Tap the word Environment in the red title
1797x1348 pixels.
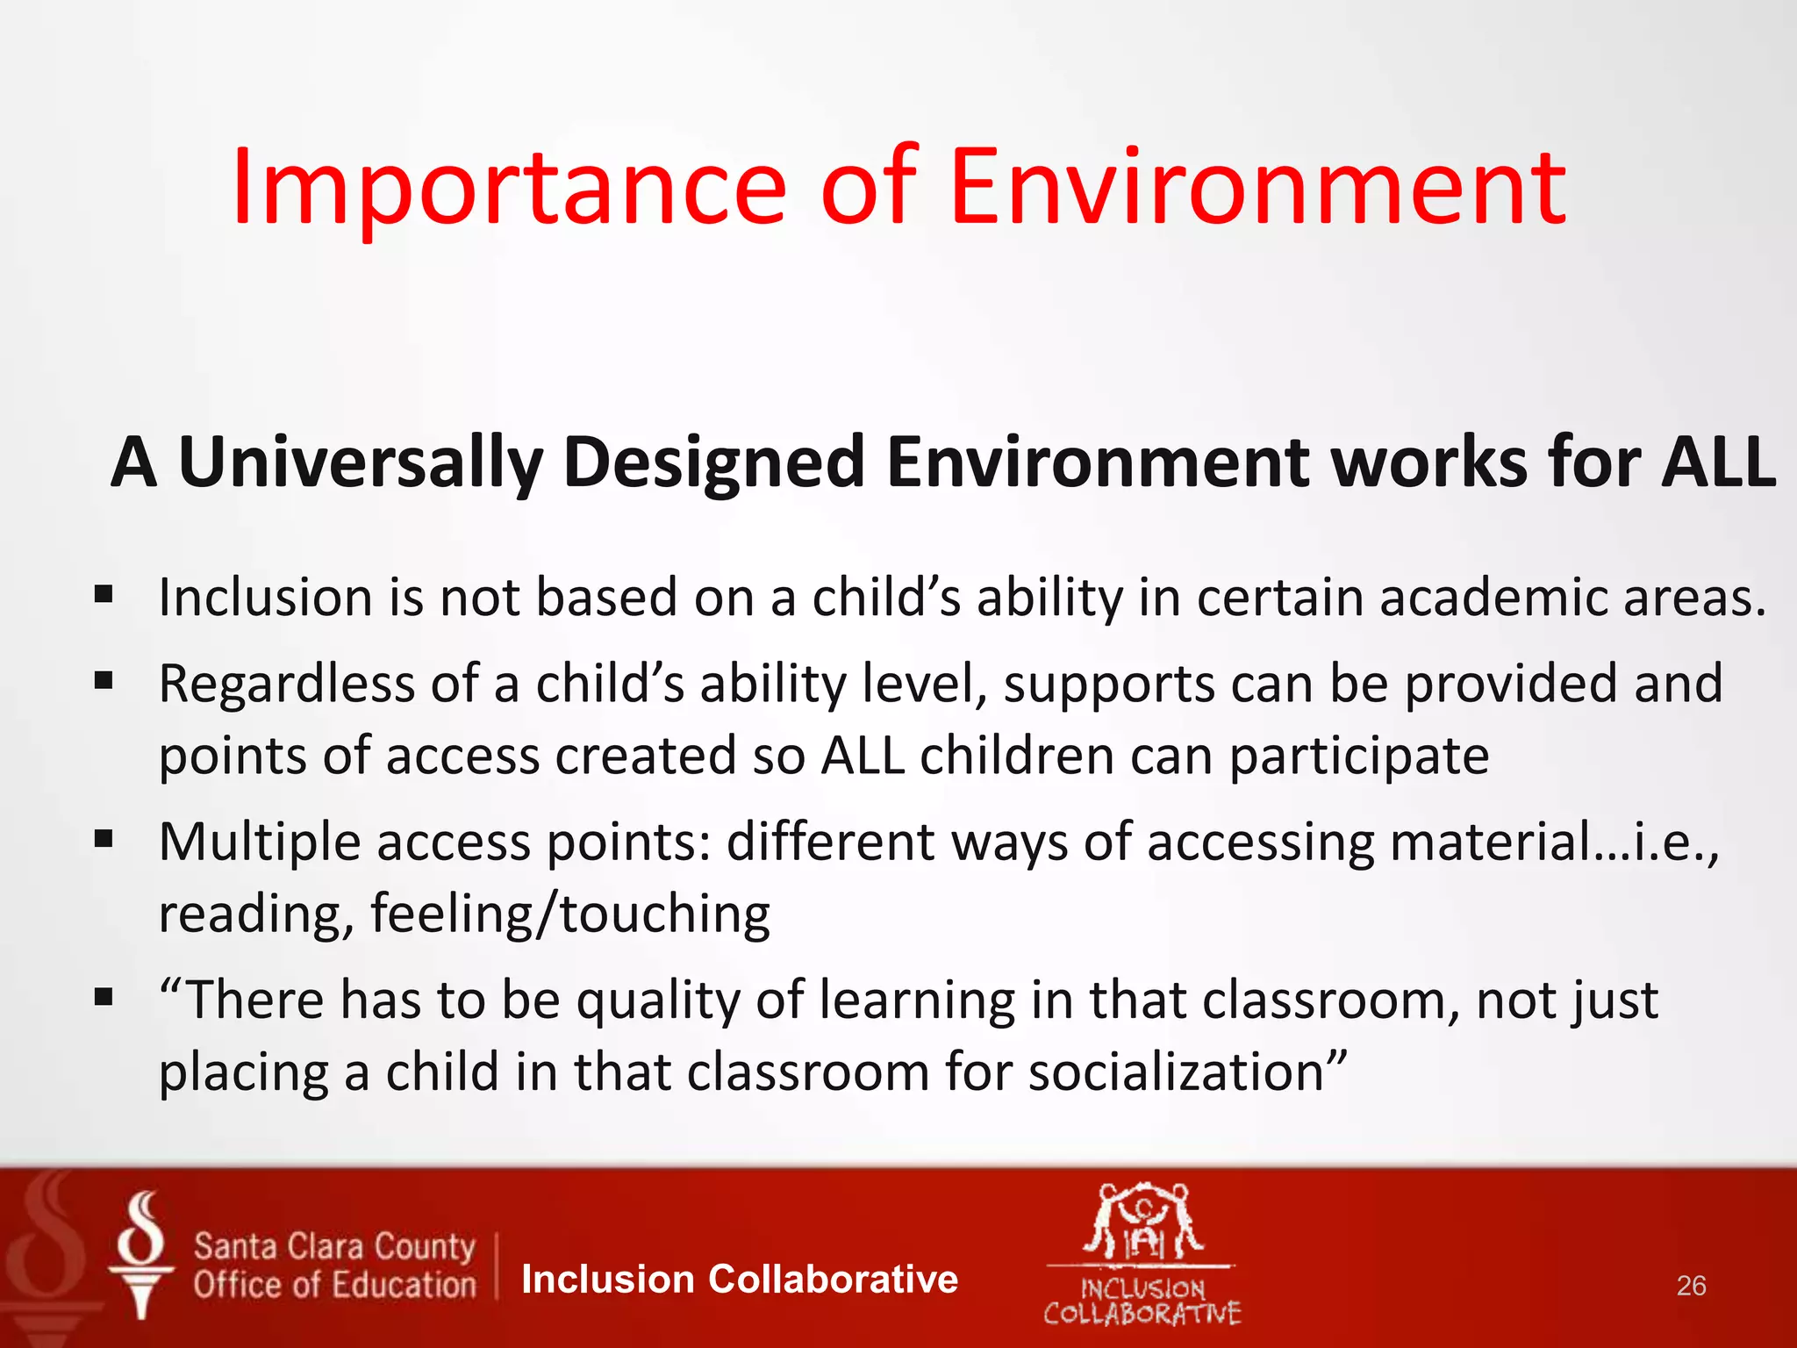[1256, 187]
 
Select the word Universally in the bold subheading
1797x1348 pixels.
[361, 463]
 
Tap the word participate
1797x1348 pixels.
[1358, 756]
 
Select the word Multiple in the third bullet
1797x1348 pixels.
[260, 842]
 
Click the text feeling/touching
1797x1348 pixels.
[570, 914]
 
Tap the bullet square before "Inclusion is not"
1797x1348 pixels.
[104, 596]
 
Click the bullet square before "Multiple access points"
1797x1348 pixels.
[104, 840]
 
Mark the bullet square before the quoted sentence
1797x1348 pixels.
[104, 997]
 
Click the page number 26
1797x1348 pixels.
[1691, 1286]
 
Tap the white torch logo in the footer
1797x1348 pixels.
[141, 1255]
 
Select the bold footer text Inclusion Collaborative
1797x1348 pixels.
[739, 1280]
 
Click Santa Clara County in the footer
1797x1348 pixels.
[334, 1246]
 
